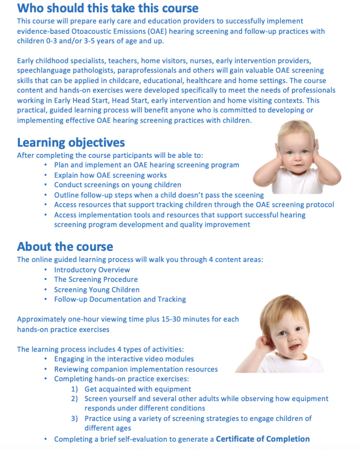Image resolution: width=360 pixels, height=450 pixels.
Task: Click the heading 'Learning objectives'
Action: point(71,143)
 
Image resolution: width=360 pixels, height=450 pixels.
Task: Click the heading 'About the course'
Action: point(65,247)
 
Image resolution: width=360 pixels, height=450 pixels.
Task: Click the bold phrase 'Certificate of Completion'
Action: point(263,439)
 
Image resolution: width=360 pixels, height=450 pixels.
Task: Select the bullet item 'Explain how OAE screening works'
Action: point(110,175)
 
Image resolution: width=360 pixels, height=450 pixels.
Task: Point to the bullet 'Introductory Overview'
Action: point(92,270)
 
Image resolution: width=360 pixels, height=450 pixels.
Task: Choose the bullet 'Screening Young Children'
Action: point(97,290)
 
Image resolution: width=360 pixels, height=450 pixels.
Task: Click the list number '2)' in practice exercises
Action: point(75,399)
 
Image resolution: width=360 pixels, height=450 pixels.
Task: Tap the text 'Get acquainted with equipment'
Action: point(137,389)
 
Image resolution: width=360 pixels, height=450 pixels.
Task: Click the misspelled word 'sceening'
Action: point(249,195)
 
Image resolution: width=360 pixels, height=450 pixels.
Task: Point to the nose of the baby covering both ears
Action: point(297,157)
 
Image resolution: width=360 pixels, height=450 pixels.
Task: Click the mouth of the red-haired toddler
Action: point(294,347)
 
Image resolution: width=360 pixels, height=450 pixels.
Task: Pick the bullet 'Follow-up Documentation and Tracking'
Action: point(120,299)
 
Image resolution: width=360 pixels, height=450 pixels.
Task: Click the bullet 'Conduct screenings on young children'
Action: point(118,185)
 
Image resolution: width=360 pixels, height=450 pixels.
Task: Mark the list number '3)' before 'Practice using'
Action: point(75,418)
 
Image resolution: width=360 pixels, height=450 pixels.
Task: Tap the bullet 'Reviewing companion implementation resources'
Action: point(136,369)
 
